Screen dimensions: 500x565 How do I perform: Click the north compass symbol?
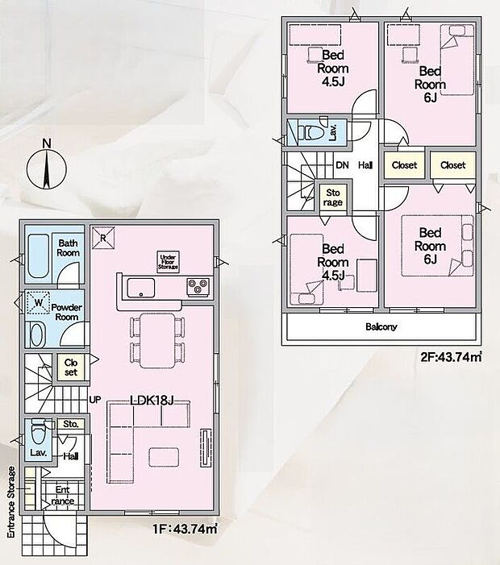47,168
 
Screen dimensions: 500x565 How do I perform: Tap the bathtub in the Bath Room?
38,256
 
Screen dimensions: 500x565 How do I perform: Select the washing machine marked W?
38,303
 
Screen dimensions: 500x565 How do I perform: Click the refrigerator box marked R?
102,238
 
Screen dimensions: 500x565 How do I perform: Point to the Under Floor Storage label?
168,262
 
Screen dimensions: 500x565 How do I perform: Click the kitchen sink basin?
141,288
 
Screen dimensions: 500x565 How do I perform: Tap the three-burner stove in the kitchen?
198,287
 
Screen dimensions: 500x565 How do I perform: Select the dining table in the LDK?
157,340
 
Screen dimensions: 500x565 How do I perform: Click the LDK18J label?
152,400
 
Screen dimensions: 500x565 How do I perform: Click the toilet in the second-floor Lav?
313,132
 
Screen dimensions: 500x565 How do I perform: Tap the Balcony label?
381,326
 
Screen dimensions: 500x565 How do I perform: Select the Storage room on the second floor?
333,197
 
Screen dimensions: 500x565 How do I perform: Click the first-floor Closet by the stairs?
71,368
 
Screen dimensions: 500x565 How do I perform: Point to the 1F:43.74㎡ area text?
185,529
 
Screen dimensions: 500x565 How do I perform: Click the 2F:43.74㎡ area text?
451,357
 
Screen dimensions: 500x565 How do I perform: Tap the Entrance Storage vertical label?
11,502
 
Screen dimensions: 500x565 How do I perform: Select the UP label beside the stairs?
95,400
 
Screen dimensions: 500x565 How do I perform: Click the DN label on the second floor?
342,165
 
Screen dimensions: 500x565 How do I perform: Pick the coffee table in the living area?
164,457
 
